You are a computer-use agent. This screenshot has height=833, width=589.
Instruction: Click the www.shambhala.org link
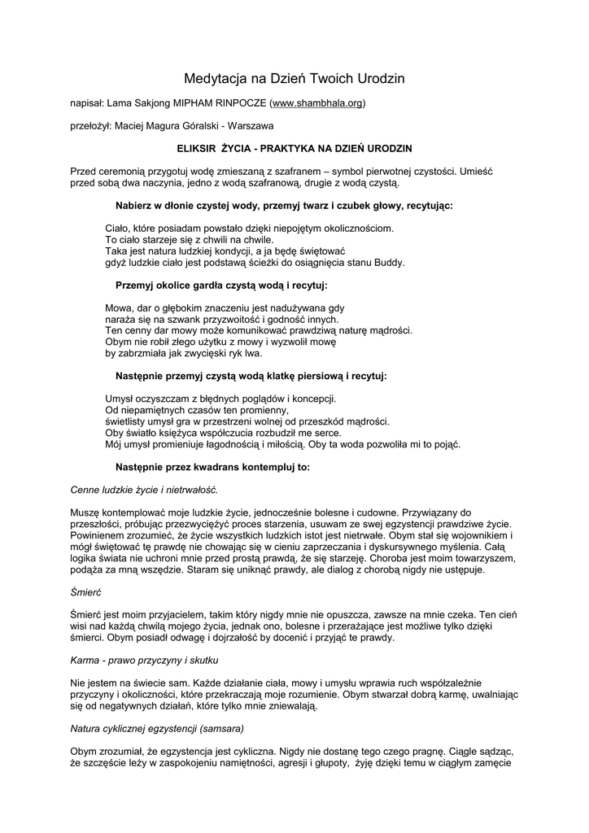pyautogui.click(x=317, y=103)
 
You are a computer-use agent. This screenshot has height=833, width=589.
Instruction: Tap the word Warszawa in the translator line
pyautogui.click(x=251, y=126)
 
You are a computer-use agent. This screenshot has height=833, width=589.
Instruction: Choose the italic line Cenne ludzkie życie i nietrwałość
pyautogui.click(x=145, y=490)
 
